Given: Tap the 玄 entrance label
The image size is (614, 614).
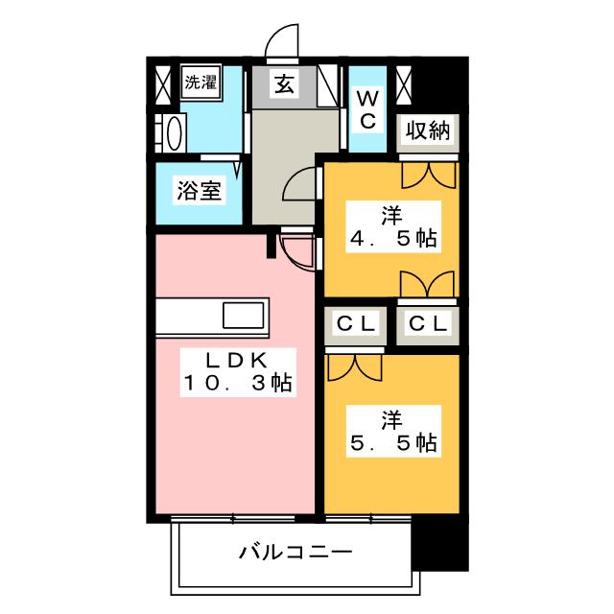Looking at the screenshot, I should click(x=285, y=83).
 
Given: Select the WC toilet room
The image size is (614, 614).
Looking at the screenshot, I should click(x=367, y=108).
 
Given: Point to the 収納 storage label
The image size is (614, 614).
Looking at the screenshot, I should click(x=428, y=130).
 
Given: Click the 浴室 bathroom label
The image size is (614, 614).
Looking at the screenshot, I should click(x=199, y=190).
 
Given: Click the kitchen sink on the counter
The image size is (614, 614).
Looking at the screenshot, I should click(x=246, y=315).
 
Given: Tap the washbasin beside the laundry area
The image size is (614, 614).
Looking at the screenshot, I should click(x=173, y=132).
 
